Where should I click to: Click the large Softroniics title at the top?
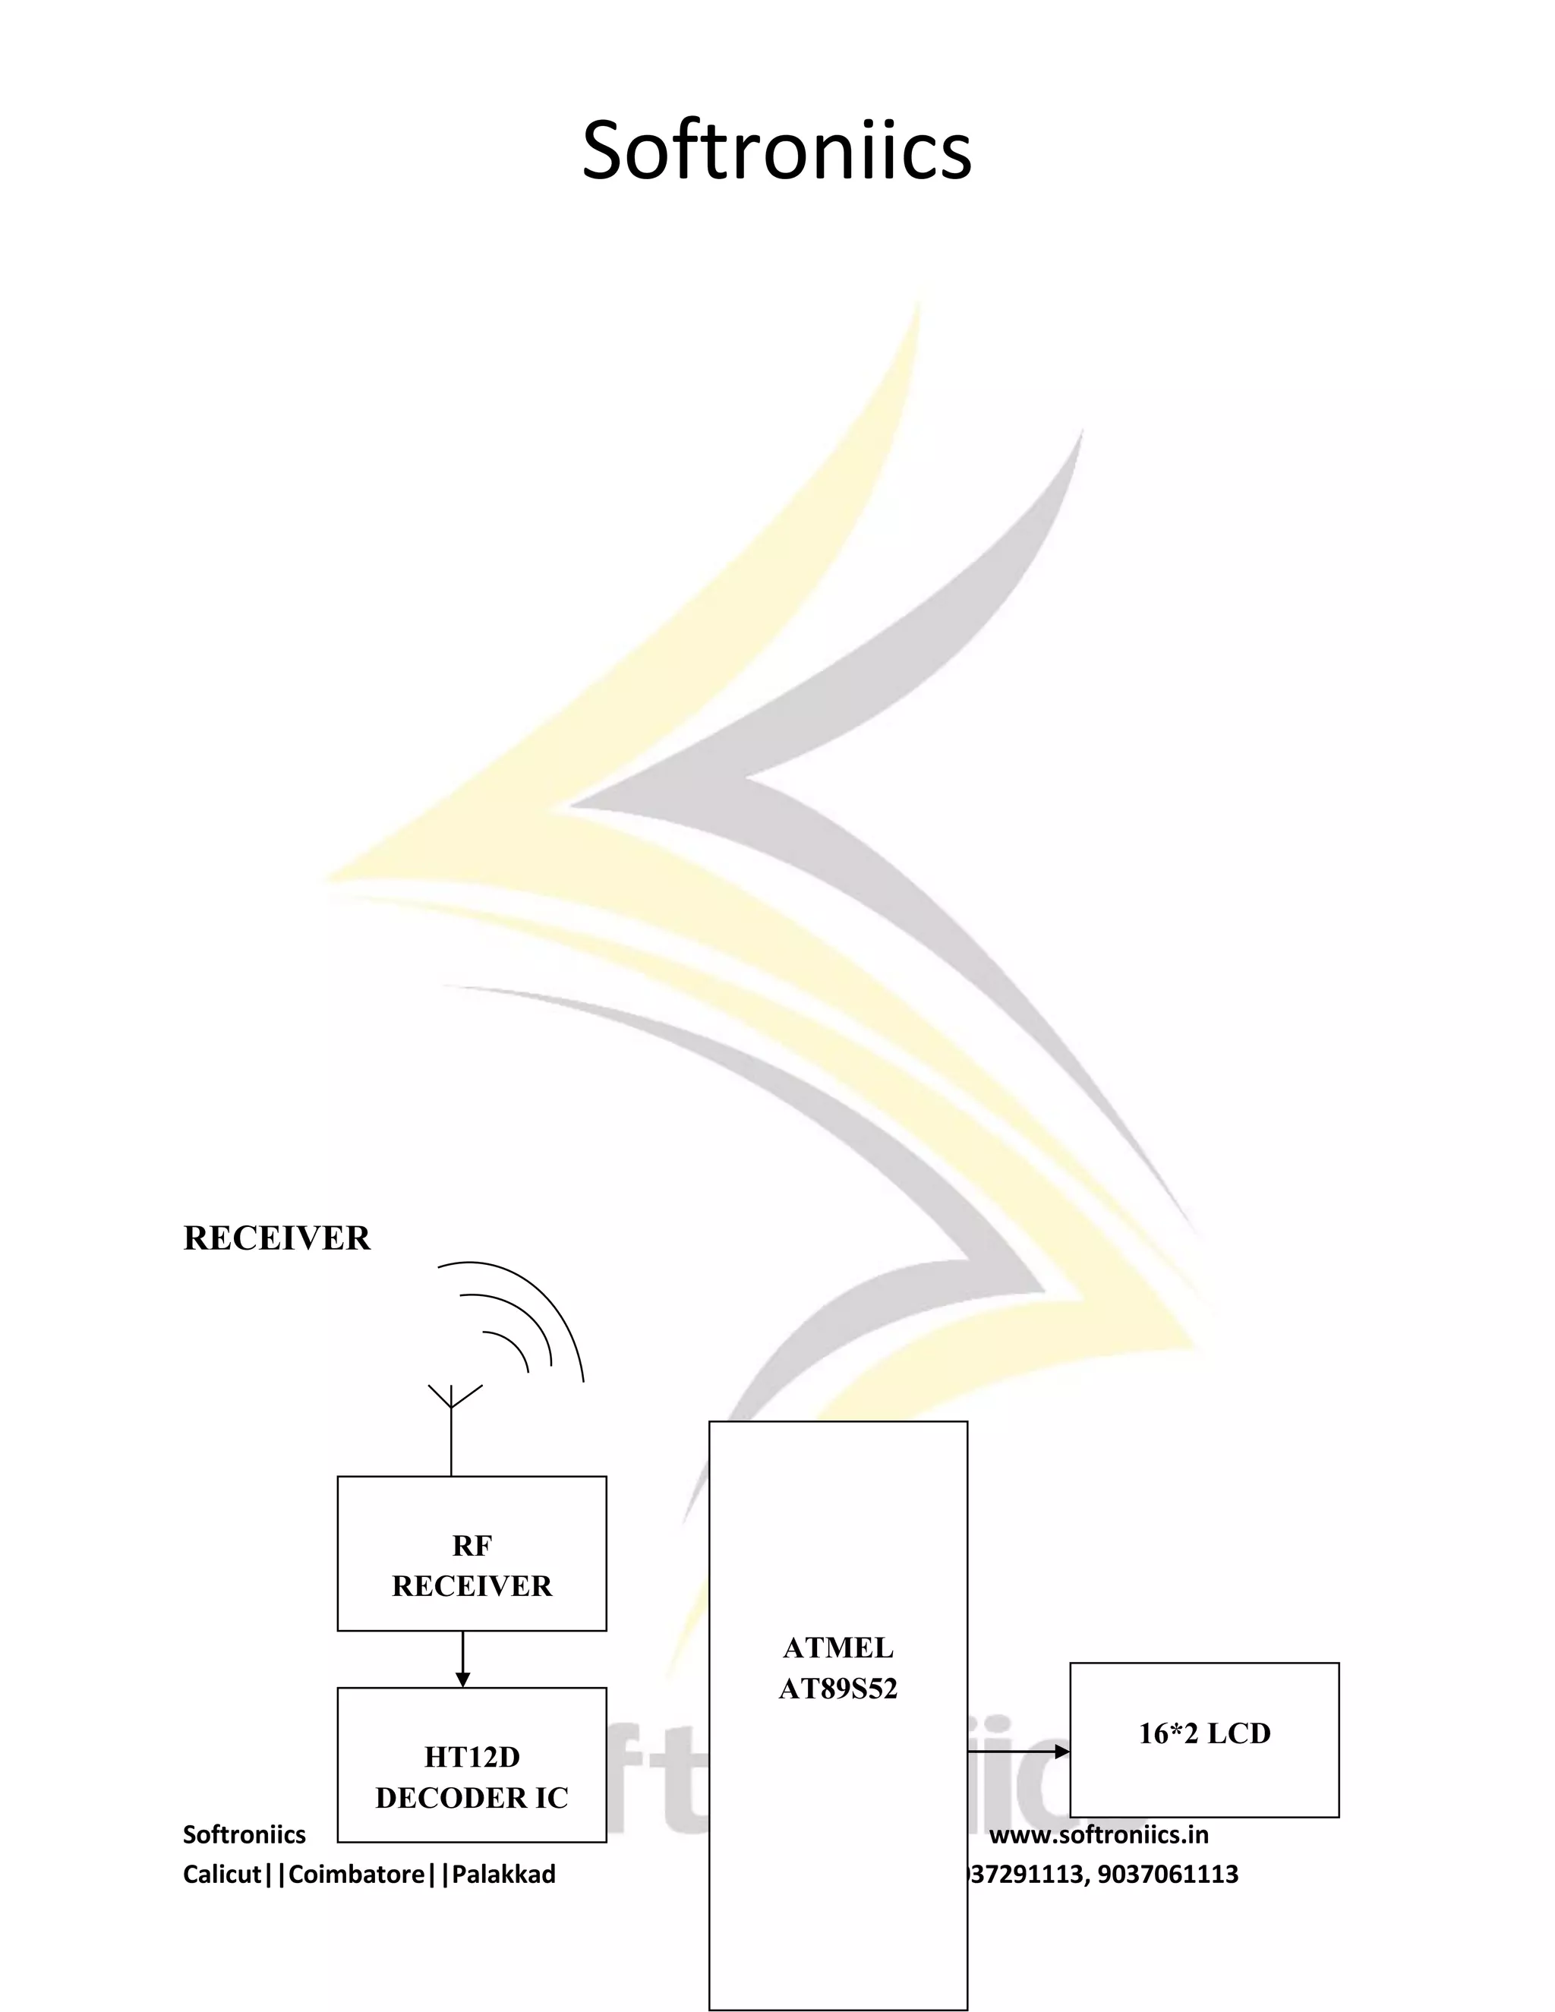click(x=777, y=150)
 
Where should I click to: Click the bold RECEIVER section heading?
click(x=276, y=1238)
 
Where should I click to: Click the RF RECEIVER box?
click(x=472, y=1553)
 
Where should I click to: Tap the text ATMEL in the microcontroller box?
click(x=837, y=1648)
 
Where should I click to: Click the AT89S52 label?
click(x=837, y=1689)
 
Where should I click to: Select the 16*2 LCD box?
click(x=1204, y=1739)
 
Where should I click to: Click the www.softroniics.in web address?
click(x=1099, y=1834)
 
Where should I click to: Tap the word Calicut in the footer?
click(x=222, y=1874)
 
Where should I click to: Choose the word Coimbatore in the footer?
click(x=357, y=1874)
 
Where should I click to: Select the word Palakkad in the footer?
click(x=504, y=1874)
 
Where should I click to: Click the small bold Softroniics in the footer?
click(x=244, y=1834)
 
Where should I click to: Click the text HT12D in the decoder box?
click(x=472, y=1757)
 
